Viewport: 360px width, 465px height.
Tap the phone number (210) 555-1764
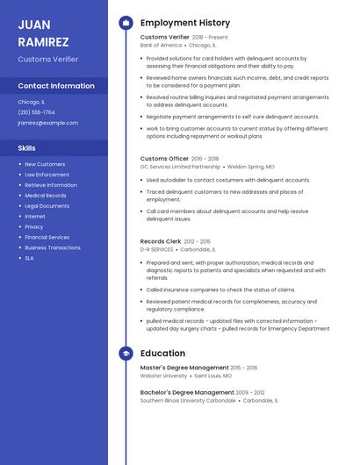pyautogui.click(x=36, y=112)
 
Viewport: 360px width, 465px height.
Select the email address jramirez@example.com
pyautogui.click(x=47, y=123)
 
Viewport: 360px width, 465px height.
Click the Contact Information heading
pyautogui.click(x=56, y=86)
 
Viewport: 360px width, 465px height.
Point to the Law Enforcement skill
pyautogui.click(x=47, y=175)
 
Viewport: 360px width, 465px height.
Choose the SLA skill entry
pyautogui.click(x=29, y=258)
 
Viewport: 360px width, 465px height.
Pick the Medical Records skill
pyautogui.click(x=46, y=195)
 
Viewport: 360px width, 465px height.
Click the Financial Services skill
pyautogui.click(x=47, y=237)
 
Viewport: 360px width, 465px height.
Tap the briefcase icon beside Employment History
pyautogui.click(x=126, y=23)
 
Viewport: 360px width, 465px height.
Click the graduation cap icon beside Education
pyautogui.click(x=126, y=354)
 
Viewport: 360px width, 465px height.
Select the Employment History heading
pyautogui.click(x=185, y=23)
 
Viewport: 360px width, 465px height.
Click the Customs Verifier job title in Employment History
pyautogui.click(x=164, y=38)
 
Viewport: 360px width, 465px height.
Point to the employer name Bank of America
pyautogui.click(x=161, y=45)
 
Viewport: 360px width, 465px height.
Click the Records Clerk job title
pyautogui.click(x=160, y=241)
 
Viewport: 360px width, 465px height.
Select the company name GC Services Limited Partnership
pyautogui.click(x=180, y=166)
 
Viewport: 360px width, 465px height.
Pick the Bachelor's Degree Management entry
pyautogui.click(x=187, y=392)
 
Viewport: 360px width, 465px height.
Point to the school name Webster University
pyautogui.click(x=163, y=376)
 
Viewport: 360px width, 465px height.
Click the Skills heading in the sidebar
pyautogui.click(x=26, y=148)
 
